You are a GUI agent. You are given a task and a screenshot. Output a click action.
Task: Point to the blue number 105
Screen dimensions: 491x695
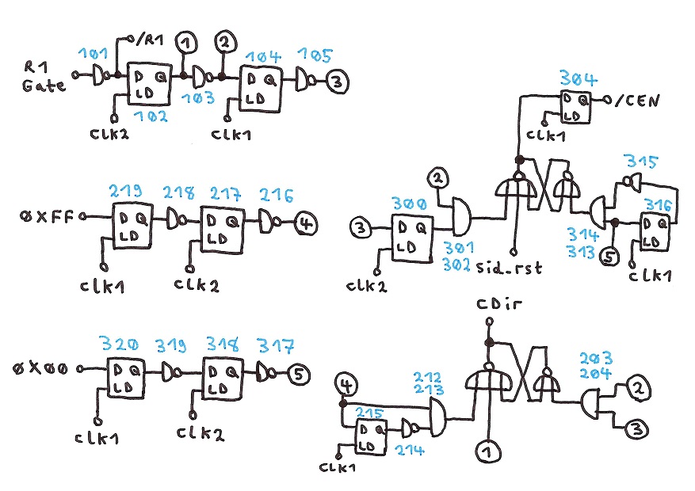tap(315, 55)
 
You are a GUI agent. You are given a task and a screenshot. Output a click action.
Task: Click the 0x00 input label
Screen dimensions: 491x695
tap(48, 369)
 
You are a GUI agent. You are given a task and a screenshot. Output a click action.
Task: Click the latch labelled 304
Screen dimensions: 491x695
tap(576, 106)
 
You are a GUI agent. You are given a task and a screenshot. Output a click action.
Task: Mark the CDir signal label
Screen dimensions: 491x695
tap(491, 306)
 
